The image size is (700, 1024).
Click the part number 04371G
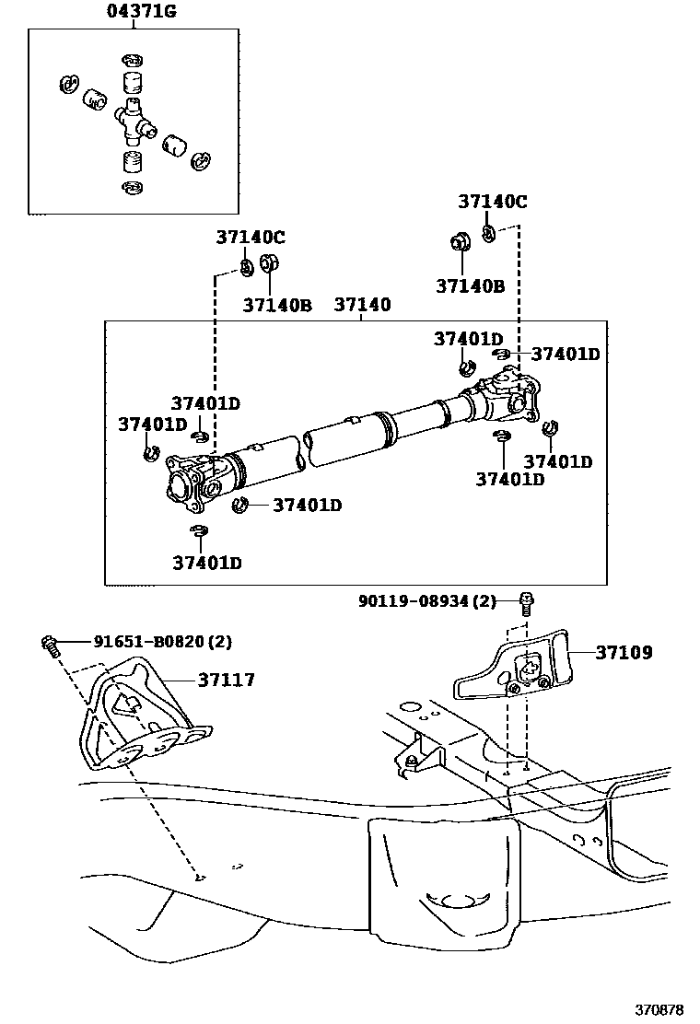point(141,11)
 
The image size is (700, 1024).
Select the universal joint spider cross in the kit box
point(134,122)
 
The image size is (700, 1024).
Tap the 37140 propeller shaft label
point(362,305)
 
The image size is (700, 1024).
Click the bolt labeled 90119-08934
point(526,604)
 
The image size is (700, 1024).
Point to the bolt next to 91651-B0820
point(50,646)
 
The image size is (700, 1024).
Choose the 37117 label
point(227,680)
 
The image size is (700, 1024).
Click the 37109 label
point(624,652)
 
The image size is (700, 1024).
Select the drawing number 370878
point(659,1009)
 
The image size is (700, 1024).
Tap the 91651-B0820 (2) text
point(163,642)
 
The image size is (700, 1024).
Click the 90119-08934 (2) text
point(427,600)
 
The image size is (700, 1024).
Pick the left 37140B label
point(277,305)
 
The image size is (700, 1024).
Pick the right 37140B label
point(470,286)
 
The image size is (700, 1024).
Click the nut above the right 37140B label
point(460,242)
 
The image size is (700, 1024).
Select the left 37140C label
point(251,237)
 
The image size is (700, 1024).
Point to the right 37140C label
point(493,202)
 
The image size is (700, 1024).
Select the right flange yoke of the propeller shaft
point(513,396)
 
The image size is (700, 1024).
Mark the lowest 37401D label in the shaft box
point(207,563)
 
